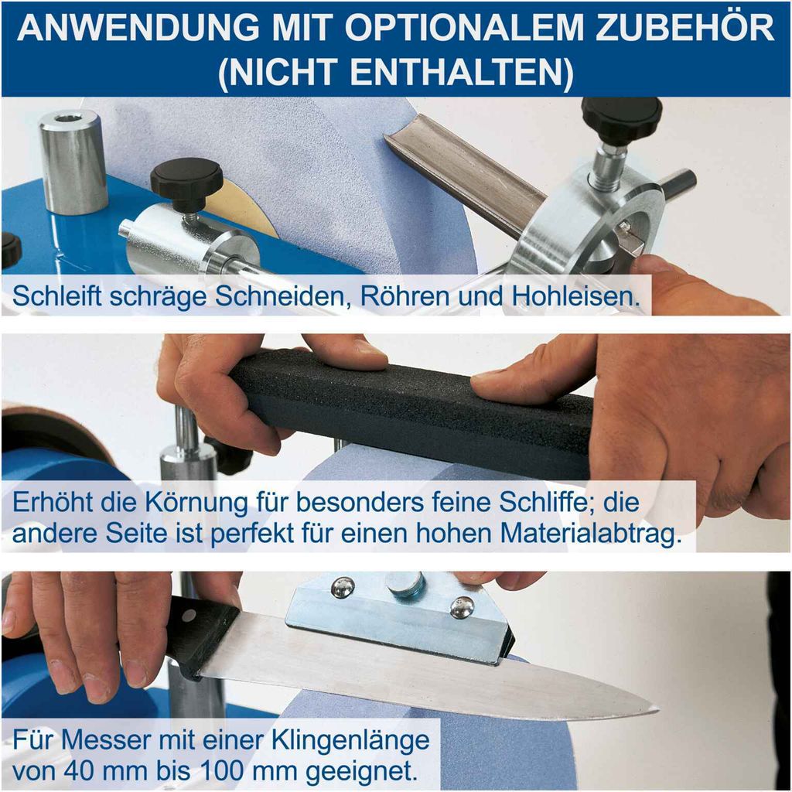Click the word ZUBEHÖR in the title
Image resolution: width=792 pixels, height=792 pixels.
click(x=684, y=28)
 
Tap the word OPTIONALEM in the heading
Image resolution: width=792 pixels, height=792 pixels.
click(x=464, y=29)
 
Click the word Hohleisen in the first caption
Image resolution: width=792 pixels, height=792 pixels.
click(x=576, y=295)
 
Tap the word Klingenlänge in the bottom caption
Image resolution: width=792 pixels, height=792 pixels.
click(x=350, y=741)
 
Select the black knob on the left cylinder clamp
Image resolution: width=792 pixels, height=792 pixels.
click(x=186, y=180)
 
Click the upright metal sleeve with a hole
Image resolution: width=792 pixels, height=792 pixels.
click(x=73, y=162)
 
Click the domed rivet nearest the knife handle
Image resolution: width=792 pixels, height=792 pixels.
click(x=343, y=588)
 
